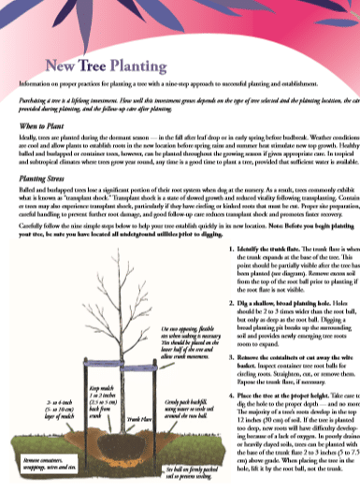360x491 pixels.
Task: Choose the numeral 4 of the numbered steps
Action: pos(230,396)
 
